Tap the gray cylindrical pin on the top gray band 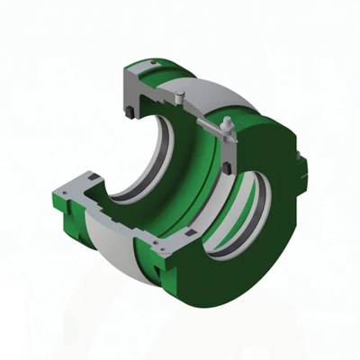pos(184,94)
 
